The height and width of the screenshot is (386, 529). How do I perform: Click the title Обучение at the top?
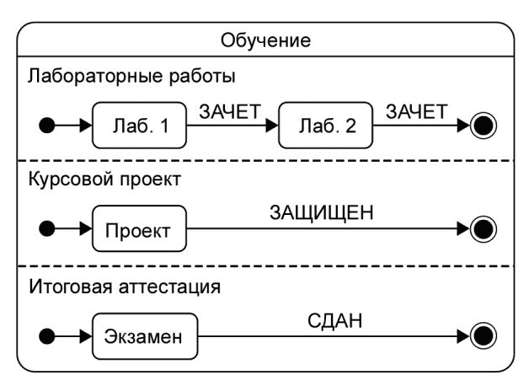coord(265,40)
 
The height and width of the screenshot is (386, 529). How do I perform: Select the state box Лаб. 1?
coord(139,126)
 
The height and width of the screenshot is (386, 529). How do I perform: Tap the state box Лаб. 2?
coord(325,126)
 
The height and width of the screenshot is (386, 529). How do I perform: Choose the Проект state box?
coord(139,228)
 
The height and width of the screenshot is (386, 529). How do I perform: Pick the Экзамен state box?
coord(145,336)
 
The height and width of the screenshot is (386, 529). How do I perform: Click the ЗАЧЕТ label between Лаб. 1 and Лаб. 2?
coord(230,112)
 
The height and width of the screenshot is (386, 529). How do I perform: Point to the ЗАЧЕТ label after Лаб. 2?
coord(417,112)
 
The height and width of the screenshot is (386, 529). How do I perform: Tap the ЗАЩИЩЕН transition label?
coord(322,213)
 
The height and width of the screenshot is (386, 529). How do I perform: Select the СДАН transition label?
coord(335,320)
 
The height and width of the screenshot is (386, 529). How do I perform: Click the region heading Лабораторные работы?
coord(131,76)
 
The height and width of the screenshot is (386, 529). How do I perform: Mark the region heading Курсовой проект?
coord(104,179)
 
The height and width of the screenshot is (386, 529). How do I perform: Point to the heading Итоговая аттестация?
coord(125,287)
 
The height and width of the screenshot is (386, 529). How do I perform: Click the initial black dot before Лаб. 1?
coord(47,126)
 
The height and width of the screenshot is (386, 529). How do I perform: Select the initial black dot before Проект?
coord(47,228)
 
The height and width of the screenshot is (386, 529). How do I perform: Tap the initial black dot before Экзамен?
coord(47,336)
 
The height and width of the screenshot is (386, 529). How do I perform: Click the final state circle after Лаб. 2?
coord(484,126)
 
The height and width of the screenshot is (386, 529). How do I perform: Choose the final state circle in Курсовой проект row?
coord(484,229)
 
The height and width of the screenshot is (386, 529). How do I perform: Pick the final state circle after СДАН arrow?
coord(484,336)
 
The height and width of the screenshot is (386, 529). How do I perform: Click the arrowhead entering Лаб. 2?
coord(272,126)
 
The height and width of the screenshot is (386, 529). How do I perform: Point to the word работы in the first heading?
coord(202,76)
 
